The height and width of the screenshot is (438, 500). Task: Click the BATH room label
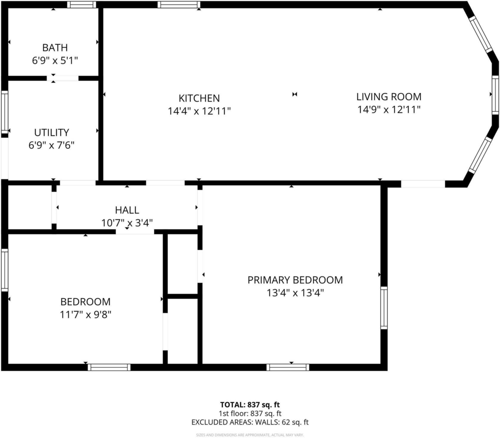(x=55, y=47)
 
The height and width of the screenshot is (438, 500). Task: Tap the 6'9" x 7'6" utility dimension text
(x=51, y=146)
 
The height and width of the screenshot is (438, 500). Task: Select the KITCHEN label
(x=199, y=98)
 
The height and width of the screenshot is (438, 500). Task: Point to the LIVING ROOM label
(x=389, y=97)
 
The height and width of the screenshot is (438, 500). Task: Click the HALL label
(x=127, y=210)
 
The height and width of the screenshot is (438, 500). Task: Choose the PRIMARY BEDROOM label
(x=295, y=280)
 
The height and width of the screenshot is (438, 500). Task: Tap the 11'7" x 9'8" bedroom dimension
(x=85, y=315)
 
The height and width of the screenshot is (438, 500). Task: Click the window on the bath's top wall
(x=82, y=4)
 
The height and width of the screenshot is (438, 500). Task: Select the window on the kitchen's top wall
(x=179, y=4)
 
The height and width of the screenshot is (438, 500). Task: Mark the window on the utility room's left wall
(x=4, y=112)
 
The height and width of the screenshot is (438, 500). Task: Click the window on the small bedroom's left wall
(x=4, y=270)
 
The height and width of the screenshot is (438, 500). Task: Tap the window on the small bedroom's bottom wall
(x=109, y=367)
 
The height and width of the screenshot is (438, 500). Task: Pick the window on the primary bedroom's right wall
(x=384, y=308)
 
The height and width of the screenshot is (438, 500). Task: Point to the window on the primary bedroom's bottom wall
(x=288, y=367)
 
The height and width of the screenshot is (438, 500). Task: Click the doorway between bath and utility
(x=62, y=78)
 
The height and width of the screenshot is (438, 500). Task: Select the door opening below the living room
(x=423, y=184)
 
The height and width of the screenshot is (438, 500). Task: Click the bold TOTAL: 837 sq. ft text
(x=250, y=405)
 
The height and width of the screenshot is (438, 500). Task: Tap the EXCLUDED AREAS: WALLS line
(x=250, y=422)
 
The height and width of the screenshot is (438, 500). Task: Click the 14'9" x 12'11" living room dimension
(x=389, y=110)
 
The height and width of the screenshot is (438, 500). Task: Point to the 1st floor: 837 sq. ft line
(x=250, y=414)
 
